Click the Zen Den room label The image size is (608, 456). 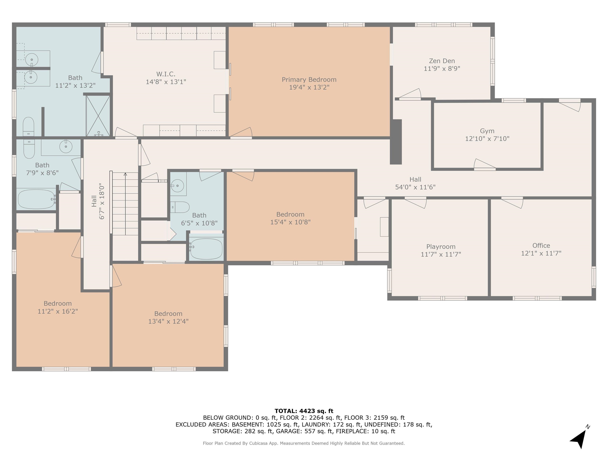(x=442, y=61)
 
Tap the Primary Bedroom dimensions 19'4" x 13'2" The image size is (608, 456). (x=309, y=87)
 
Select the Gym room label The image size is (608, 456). (x=487, y=131)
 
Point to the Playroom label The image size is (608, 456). (x=441, y=247)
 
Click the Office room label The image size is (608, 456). (x=541, y=245)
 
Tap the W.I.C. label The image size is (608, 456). (x=166, y=74)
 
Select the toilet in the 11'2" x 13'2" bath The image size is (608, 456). (x=28, y=126)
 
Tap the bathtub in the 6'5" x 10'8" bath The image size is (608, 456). (x=206, y=249)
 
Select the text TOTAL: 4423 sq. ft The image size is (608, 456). (x=304, y=411)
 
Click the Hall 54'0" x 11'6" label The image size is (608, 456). (x=415, y=183)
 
